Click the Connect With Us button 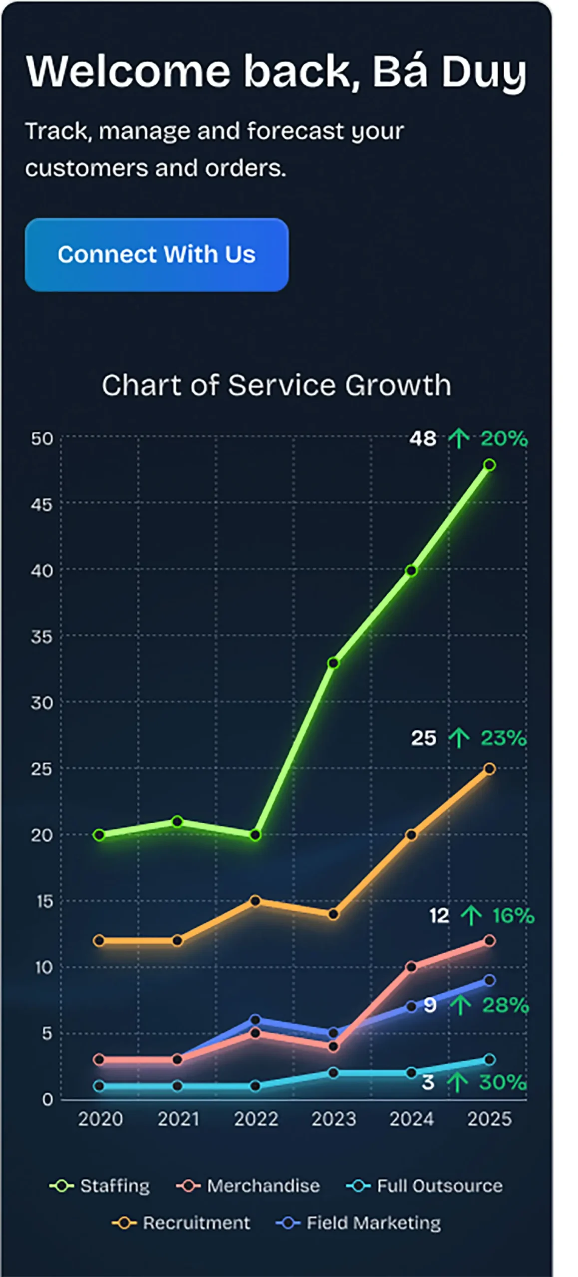156,254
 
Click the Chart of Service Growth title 276,385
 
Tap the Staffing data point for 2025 490,465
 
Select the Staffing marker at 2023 333,663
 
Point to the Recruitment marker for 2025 490,769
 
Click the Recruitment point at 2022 255,901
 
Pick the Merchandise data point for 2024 411,967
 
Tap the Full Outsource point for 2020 99,1086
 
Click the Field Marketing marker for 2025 490,981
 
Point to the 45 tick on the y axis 41,505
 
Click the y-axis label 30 41,703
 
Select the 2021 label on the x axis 178,1119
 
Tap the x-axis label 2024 411,1119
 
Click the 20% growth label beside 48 504,439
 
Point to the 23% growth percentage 503,738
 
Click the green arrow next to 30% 457,1082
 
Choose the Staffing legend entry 100,1186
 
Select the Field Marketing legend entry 358,1223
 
